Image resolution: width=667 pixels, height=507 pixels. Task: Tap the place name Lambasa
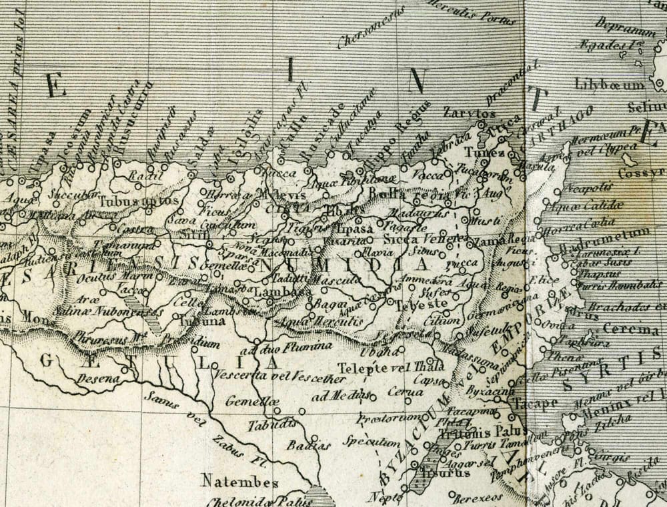[x=283, y=292]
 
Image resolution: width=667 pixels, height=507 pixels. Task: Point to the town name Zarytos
[x=465, y=113]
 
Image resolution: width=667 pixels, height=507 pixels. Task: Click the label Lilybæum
[x=609, y=85]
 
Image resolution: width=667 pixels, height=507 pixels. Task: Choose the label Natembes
[x=239, y=481]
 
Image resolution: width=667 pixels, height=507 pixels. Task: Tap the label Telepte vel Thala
[x=382, y=368]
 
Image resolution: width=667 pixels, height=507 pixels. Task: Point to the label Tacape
[x=535, y=404]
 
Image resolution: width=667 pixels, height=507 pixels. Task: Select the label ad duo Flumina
[x=286, y=346]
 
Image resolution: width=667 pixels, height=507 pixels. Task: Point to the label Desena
[x=98, y=378]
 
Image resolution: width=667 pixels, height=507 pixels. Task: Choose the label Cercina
[x=630, y=329]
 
